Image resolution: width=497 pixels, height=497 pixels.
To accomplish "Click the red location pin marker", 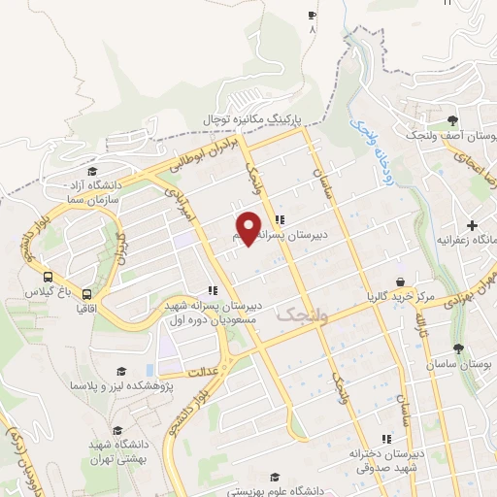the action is click(x=249, y=226).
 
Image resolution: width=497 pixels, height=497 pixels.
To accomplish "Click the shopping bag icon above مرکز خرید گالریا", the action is click(x=398, y=282).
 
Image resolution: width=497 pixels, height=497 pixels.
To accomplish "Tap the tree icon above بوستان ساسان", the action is click(x=458, y=348).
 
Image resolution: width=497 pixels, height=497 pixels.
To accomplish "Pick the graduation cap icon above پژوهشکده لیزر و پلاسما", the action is click(x=120, y=372).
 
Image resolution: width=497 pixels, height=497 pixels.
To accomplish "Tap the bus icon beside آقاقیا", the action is click(x=88, y=294).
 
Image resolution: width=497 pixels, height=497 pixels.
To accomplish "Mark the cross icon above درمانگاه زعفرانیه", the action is click(x=472, y=225).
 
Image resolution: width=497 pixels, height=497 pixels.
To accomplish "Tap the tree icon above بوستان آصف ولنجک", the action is click(x=453, y=121).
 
